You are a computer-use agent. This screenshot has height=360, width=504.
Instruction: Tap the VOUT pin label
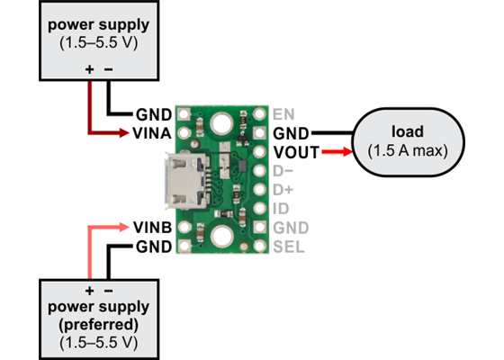click(294, 151)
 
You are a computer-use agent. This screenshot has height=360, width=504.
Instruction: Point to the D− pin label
click(283, 170)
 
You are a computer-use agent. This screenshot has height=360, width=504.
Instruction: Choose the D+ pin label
click(283, 189)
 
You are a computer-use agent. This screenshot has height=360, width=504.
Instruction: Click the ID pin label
click(281, 208)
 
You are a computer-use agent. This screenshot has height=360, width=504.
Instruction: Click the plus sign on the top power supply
click(89, 69)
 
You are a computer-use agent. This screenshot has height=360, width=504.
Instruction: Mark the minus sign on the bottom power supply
click(109, 291)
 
